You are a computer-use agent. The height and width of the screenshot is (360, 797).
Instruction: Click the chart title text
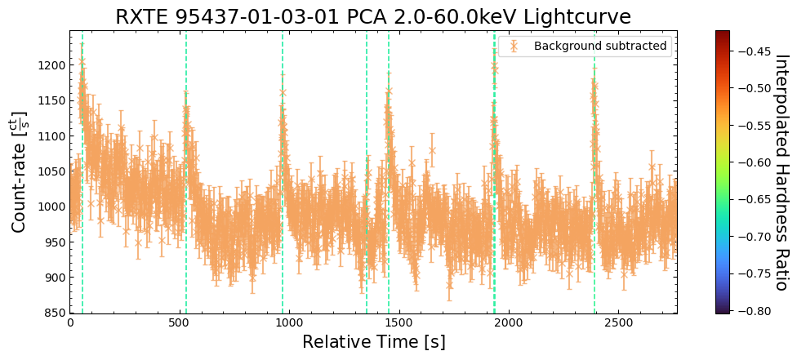click(373, 17)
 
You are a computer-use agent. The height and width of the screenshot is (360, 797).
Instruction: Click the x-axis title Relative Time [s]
click(373, 342)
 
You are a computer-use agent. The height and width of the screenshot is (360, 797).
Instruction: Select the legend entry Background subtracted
click(599, 47)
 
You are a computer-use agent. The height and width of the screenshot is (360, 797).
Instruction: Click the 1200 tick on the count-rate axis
click(51, 65)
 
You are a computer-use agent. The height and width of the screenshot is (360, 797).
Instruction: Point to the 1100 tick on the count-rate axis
click(51, 136)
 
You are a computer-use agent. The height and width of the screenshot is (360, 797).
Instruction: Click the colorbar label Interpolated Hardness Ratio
click(781, 172)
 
